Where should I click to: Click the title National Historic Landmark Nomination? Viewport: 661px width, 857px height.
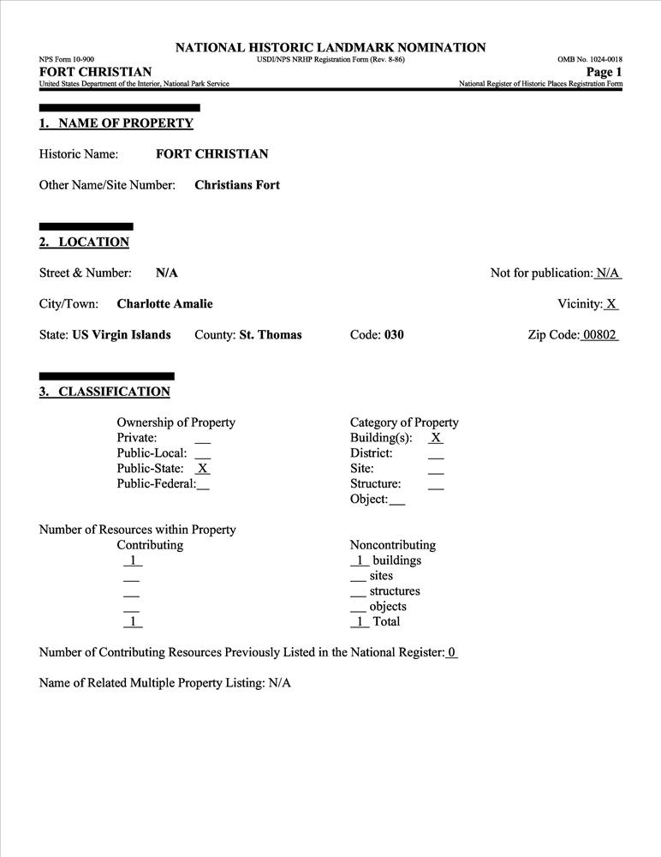(330, 48)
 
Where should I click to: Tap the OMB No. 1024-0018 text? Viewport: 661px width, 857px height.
(590, 59)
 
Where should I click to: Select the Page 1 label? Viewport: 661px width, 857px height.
(604, 72)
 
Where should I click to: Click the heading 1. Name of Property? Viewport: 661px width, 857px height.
(116, 123)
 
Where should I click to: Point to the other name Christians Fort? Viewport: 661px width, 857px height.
(237, 185)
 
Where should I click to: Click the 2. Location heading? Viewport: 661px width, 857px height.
(84, 243)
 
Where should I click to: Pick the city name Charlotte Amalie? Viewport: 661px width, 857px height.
(164, 304)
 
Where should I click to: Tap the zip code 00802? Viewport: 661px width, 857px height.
(599, 335)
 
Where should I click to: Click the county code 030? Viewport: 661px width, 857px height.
(394, 335)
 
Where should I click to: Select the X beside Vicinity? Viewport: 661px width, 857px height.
(612, 304)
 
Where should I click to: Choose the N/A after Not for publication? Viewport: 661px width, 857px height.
(608, 273)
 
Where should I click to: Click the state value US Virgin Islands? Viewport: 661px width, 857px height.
(121, 335)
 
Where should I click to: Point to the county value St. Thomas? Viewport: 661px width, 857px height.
(271, 335)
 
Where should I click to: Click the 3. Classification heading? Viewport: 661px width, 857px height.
(104, 393)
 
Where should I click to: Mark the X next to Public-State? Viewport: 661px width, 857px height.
(203, 469)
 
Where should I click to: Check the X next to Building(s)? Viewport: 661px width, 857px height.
(436, 438)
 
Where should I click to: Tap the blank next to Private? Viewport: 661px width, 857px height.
(203, 439)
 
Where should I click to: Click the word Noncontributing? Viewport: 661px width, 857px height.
(393, 545)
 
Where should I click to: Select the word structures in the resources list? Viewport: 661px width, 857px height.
(395, 591)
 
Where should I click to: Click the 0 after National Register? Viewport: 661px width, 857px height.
(452, 653)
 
